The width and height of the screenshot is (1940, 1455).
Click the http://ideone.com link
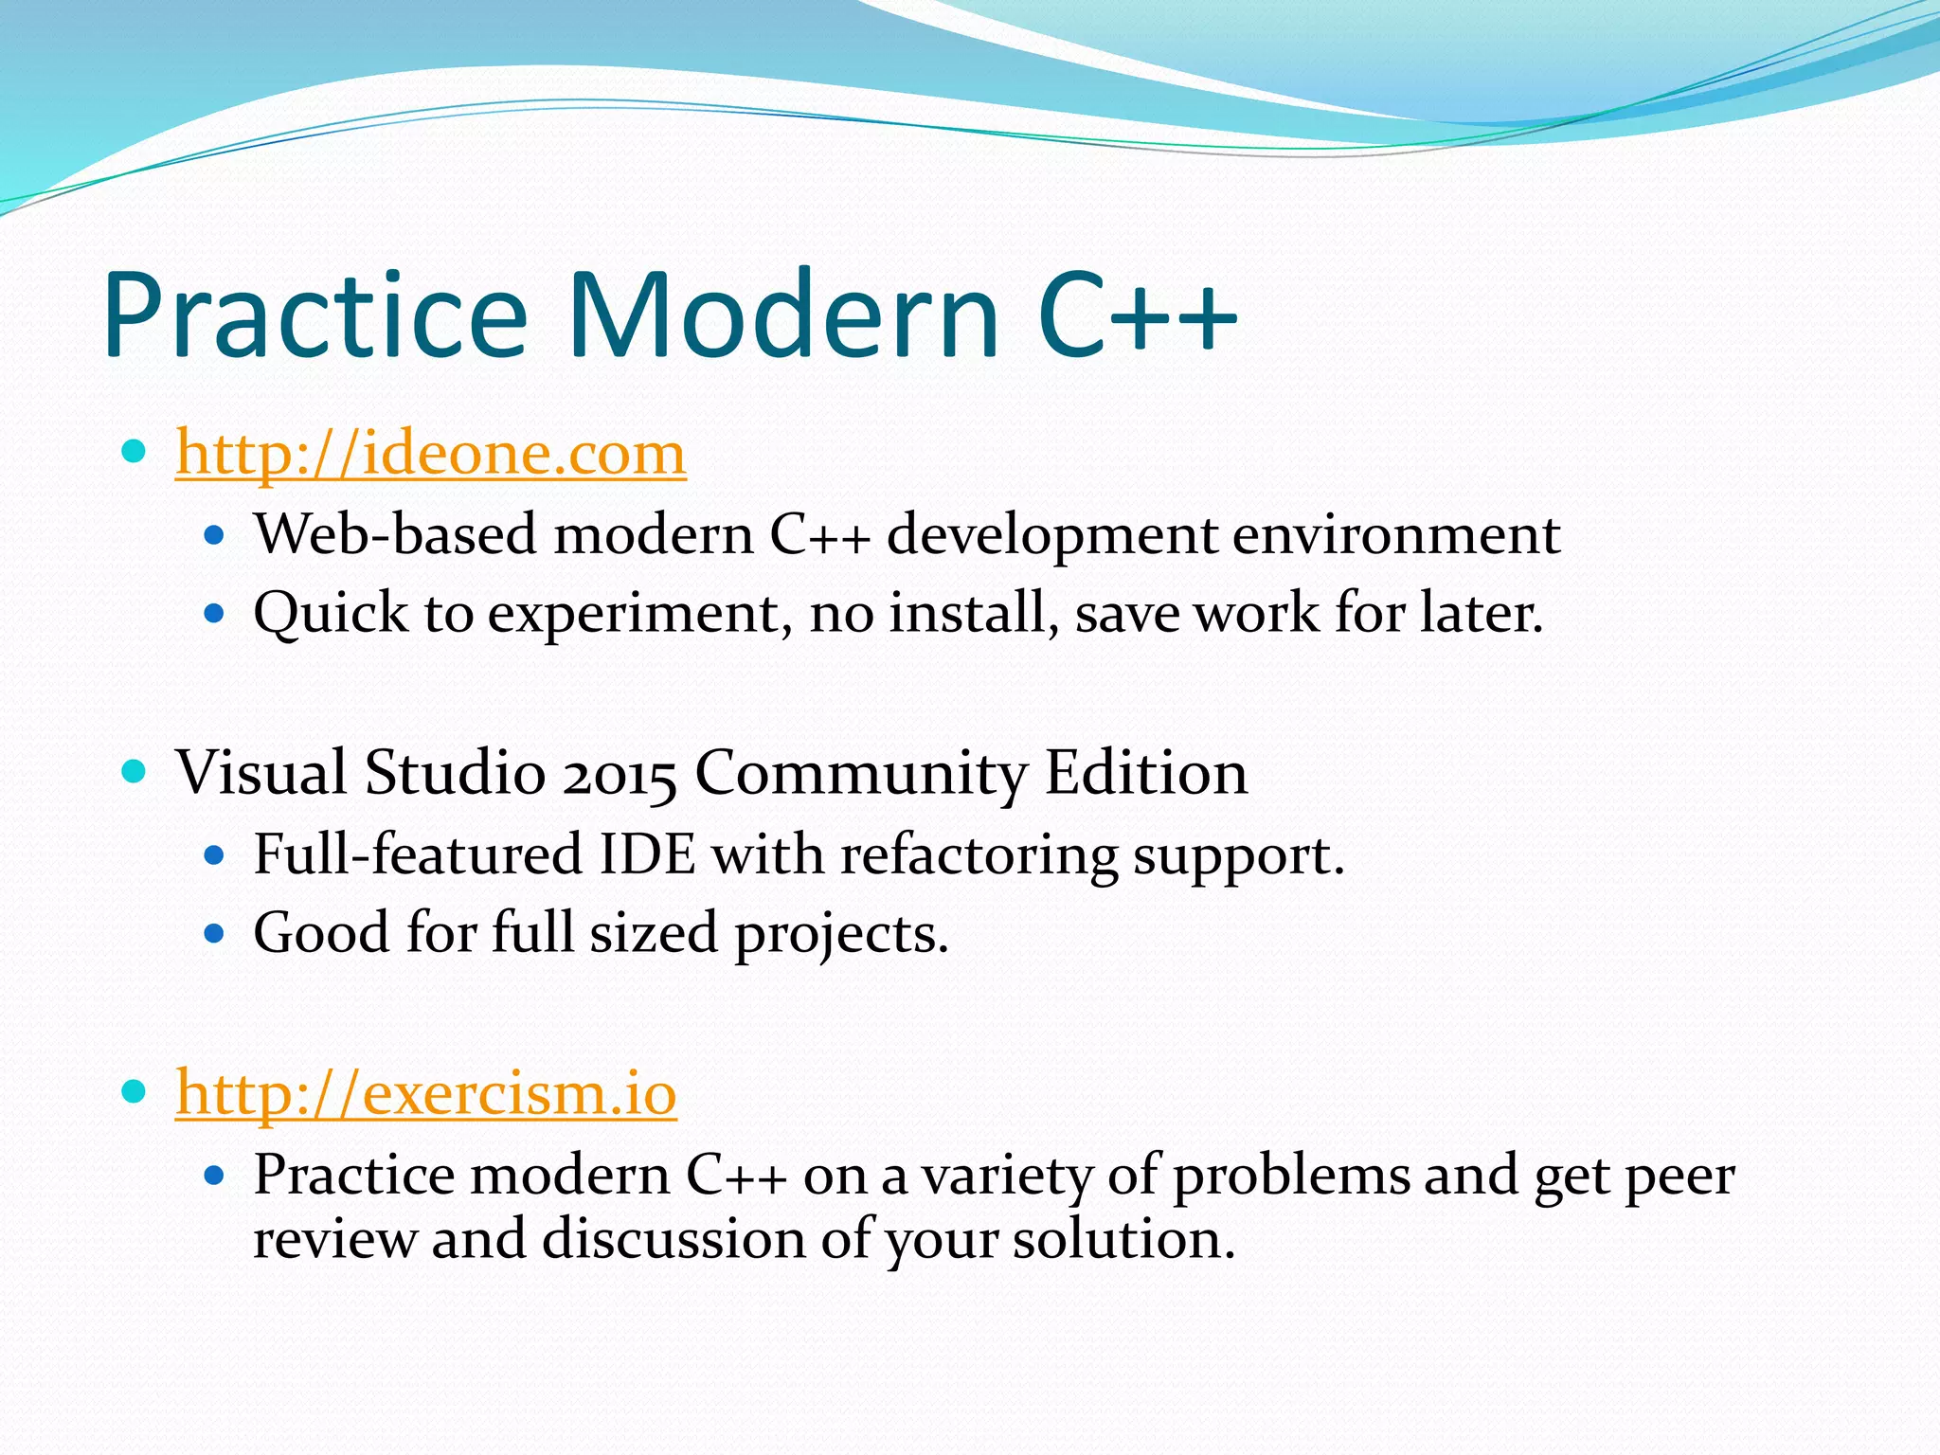click(430, 454)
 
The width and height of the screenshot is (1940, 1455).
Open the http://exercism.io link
click(425, 1094)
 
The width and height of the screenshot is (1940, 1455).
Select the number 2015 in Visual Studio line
click(619, 774)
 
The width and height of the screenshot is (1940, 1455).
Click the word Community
click(860, 774)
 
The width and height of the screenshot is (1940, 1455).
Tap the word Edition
click(1145, 774)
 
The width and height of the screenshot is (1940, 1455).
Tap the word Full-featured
click(418, 854)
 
